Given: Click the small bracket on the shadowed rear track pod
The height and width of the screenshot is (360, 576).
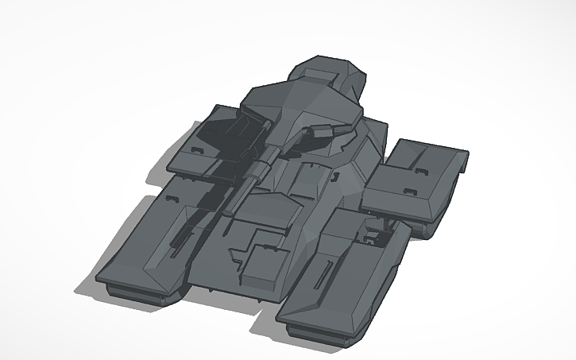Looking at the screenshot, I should point(195,149).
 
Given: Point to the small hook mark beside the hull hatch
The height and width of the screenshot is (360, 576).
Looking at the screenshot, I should point(337,172).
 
